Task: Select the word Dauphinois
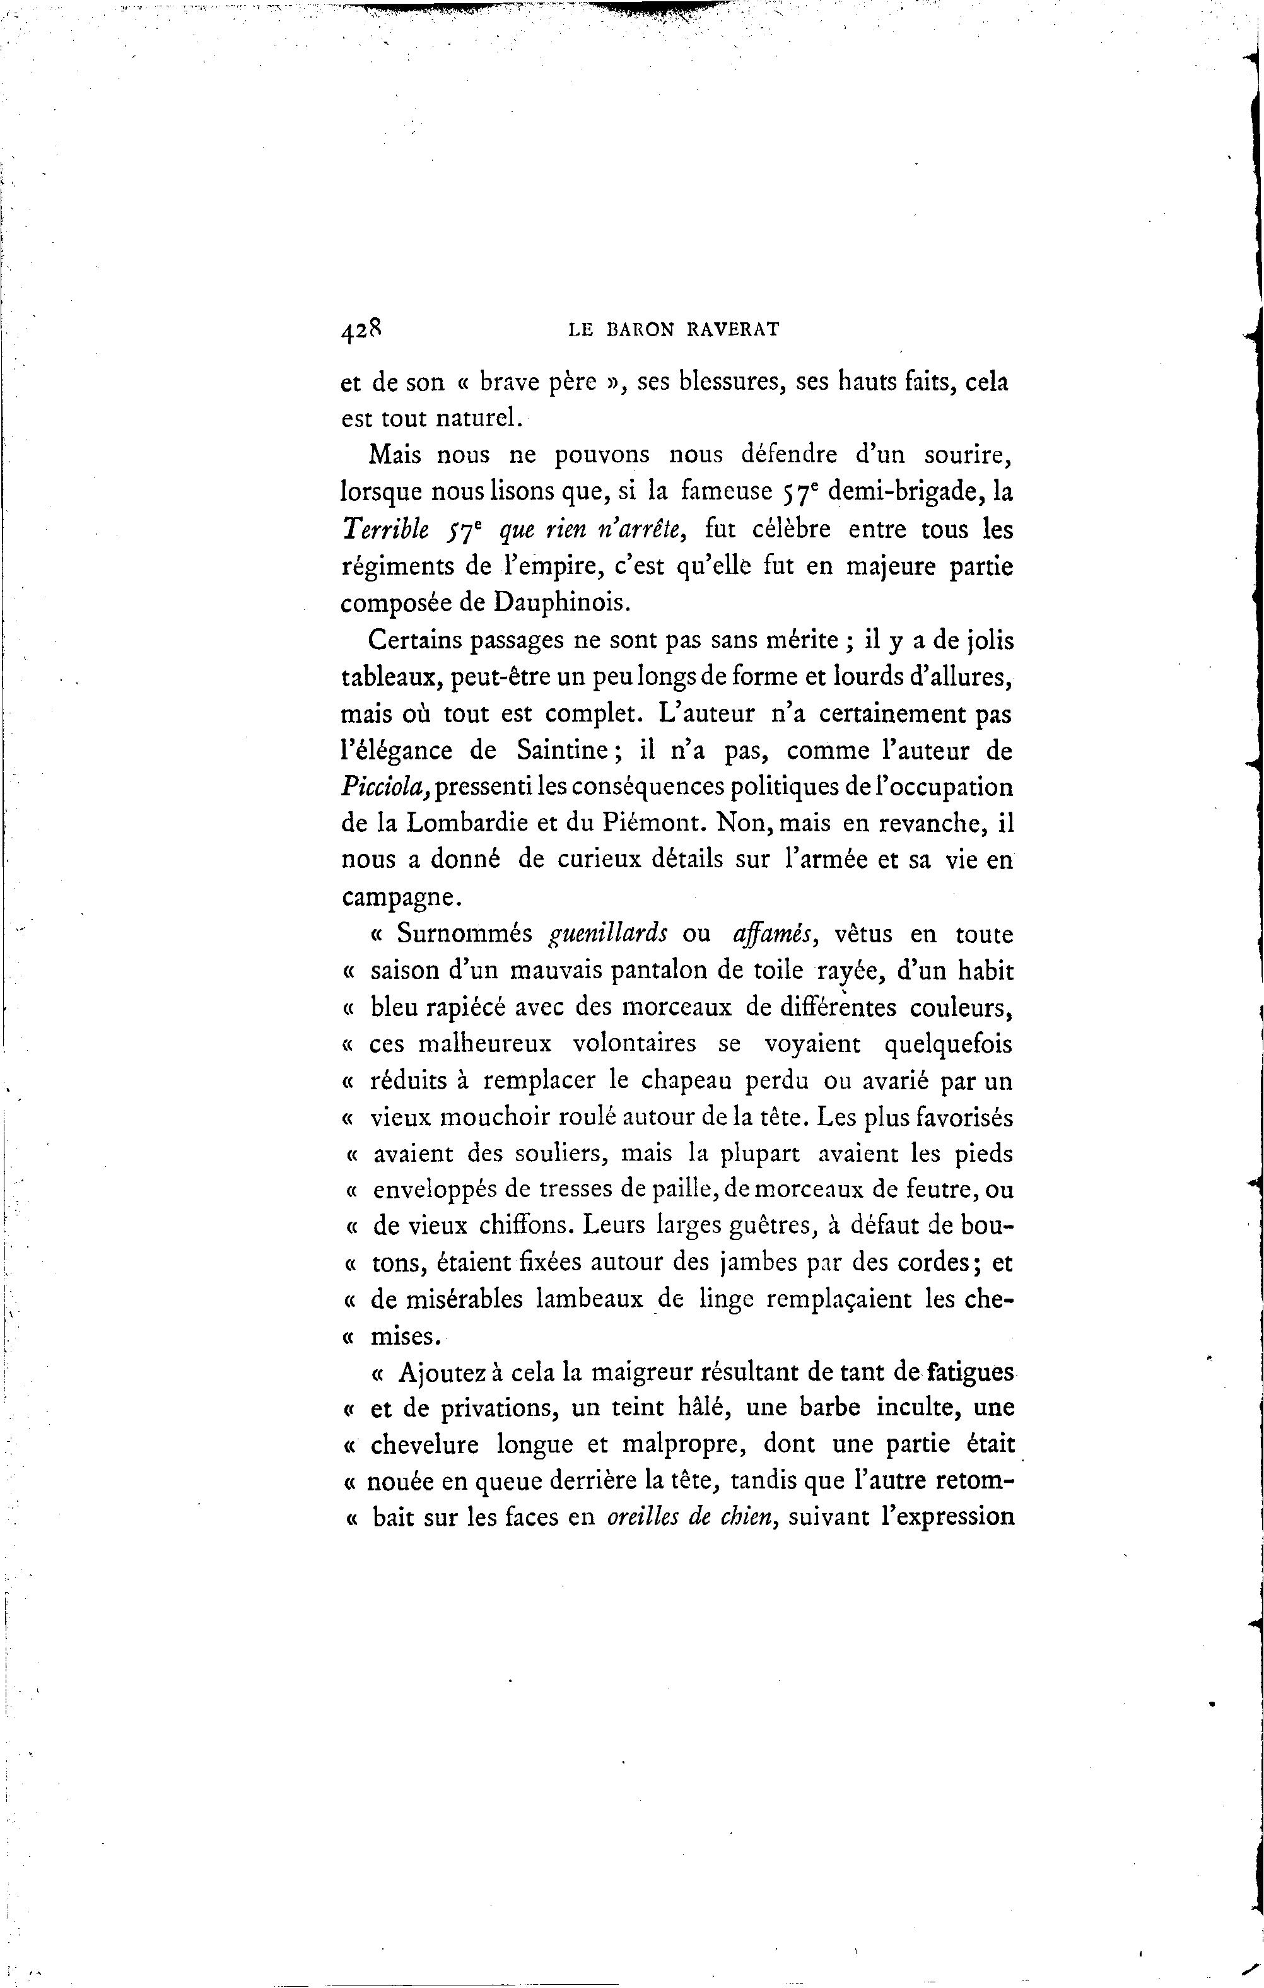click(561, 603)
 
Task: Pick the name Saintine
click(563, 751)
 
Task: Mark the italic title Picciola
click(384, 786)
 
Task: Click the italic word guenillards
click(609, 933)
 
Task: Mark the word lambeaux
click(590, 1299)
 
